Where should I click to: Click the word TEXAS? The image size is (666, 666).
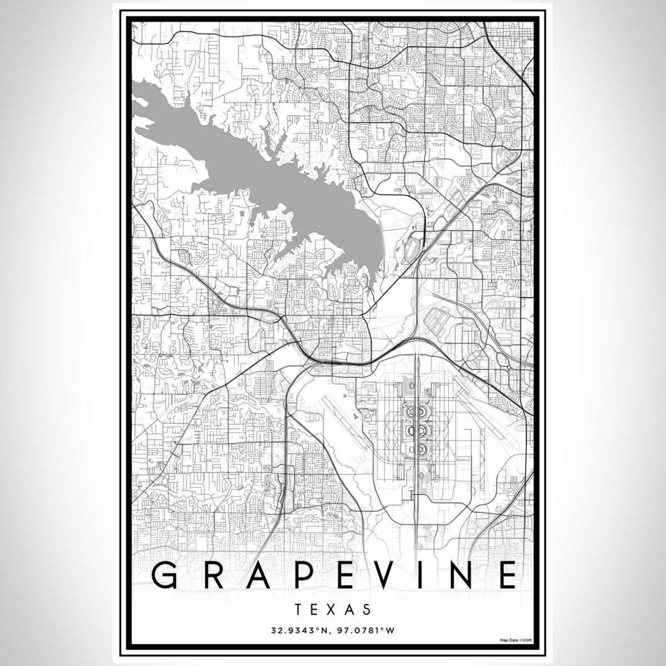[333, 609]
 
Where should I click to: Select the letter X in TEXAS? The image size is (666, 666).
[333, 609]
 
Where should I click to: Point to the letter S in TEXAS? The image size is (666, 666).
[367, 609]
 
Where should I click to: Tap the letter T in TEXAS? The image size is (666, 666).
[299, 609]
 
